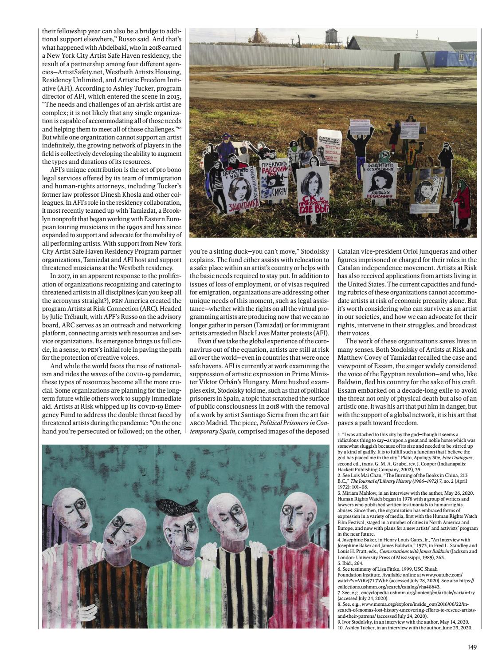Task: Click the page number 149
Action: coord(472,648)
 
